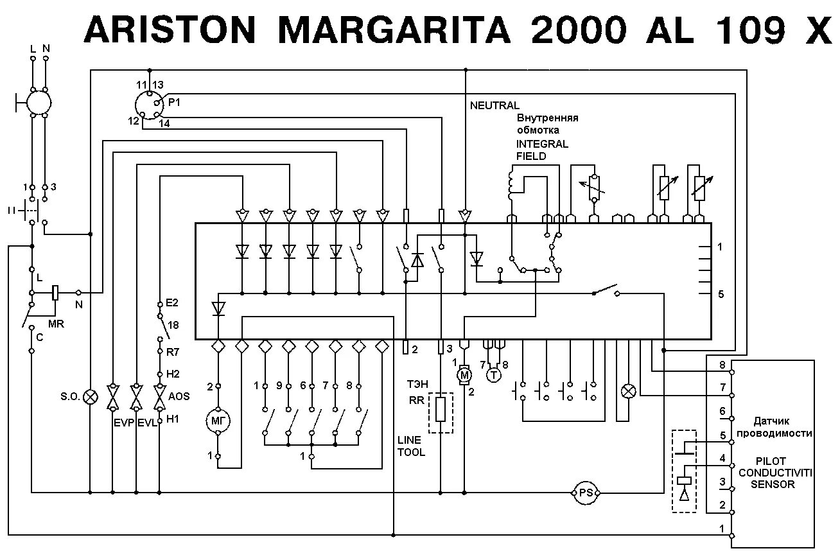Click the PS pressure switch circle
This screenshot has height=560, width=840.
pyautogui.click(x=585, y=493)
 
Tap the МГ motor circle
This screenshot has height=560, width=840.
pyautogui.click(x=218, y=421)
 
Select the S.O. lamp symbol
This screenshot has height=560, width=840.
pyautogui.click(x=91, y=397)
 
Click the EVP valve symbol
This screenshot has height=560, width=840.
pyautogui.click(x=113, y=397)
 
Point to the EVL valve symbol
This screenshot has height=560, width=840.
pyautogui.click(x=136, y=397)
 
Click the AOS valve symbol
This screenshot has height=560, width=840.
pyautogui.click(x=159, y=397)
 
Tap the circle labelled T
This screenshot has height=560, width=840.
pyautogui.click(x=493, y=375)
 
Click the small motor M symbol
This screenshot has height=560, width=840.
pyautogui.click(x=464, y=375)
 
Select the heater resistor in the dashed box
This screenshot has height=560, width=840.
pyautogui.click(x=441, y=410)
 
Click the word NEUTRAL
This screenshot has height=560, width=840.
pyautogui.click(x=494, y=105)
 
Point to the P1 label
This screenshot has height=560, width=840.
pyautogui.click(x=175, y=102)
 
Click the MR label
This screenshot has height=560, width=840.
pyautogui.click(x=56, y=324)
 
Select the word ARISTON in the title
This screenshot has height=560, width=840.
pyautogui.click(x=170, y=31)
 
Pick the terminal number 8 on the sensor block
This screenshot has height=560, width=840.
pyautogui.click(x=722, y=365)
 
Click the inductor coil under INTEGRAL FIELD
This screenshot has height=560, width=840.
pyautogui.click(x=512, y=184)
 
